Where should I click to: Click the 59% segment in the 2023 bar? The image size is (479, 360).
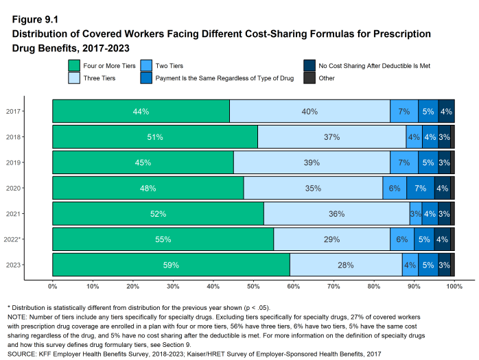(x=171, y=265)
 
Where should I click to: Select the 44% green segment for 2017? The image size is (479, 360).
(x=141, y=111)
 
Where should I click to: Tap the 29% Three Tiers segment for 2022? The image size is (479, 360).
(x=332, y=239)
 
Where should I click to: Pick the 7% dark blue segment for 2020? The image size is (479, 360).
(x=421, y=188)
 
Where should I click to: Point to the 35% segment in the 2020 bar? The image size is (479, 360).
(x=313, y=188)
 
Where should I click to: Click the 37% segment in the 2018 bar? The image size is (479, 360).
(x=331, y=137)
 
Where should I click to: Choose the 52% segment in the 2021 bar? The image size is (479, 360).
(x=158, y=214)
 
